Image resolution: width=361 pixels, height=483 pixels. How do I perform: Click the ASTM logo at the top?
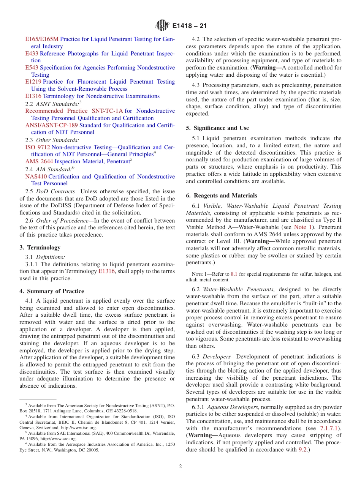(x=162, y=26)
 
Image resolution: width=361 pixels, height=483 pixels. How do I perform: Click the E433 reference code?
(x=32, y=54)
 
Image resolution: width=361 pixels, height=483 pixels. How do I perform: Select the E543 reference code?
(x=32, y=68)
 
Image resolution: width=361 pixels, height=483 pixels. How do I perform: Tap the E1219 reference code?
(x=33, y=82)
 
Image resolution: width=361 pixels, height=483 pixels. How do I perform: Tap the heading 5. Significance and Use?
(x=217, y=128)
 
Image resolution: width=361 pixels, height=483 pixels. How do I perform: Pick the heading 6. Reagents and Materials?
(x=222, y=196)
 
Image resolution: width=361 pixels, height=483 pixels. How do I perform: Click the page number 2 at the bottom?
(x=180, y=467)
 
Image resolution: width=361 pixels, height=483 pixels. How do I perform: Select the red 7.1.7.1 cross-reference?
(x=329, y=428)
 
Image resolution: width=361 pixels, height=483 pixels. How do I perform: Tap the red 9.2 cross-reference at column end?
(x=304, y=450)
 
